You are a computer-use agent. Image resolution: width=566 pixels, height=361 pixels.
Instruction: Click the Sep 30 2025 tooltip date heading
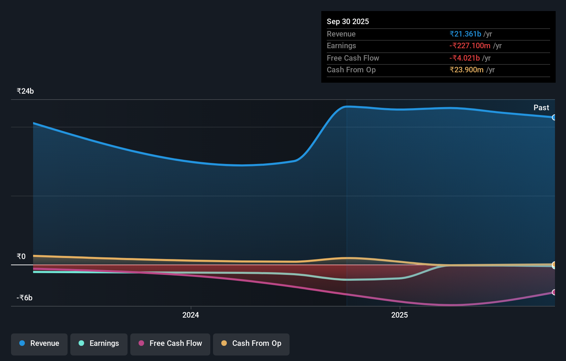(x=347, y=21)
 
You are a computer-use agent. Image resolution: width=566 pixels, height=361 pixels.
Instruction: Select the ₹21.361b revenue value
(x=465, y=34)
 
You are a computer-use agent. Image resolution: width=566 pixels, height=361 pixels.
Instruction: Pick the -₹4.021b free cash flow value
(x=464, y=58)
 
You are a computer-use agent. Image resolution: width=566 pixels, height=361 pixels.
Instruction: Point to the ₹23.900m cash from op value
(x=466, y=70)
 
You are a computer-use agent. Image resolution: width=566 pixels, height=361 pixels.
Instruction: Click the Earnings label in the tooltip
(x=341, y=45)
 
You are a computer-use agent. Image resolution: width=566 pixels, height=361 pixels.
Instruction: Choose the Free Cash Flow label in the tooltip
(x=353, y=58)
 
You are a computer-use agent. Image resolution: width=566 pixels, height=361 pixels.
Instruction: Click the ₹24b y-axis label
(x=25, y=91)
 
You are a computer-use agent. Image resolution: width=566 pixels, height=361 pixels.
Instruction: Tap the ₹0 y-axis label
(x=21, y=256)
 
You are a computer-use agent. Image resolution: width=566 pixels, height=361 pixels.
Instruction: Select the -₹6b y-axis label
(x=24, y=298)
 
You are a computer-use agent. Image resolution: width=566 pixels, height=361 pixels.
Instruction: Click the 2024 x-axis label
(x=191, y=315)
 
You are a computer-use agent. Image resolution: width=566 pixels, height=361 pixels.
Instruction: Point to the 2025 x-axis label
(x=400, y=315)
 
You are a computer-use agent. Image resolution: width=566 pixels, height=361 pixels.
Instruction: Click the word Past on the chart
(x=541, y=107)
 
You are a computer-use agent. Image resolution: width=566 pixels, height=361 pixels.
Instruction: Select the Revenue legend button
(x=39, y=343)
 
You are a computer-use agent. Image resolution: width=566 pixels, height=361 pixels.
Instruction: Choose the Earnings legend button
(x=99, y=343)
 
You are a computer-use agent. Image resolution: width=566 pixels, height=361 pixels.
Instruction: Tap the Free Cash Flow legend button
(x=170, y=343)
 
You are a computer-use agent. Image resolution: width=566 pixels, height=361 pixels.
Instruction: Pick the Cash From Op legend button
(x=251, y=343)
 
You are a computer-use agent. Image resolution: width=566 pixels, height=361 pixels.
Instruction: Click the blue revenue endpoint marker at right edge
(x=554, y=117)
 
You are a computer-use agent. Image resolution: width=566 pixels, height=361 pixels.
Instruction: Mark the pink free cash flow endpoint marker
(x=554, y=292)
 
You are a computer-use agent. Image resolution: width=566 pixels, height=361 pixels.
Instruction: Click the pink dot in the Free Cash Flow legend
(x=141, y=343)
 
